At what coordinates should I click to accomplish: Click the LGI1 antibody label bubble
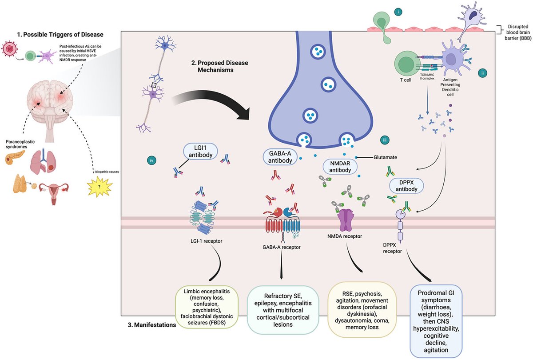(x=200, y=151)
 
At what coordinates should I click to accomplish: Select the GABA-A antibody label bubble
(x=280, y=157)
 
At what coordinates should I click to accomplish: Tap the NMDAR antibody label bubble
(x=340, y=167)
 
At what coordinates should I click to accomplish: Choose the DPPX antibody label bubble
(x=406, y=185)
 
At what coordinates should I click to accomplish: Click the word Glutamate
(x=385, y=157)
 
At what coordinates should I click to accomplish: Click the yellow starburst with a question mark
(x=99, y=187)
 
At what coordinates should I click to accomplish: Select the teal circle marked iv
(x=151, y=161)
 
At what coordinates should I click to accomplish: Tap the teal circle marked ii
(x=482, y=73)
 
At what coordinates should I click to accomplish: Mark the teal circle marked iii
(x=385, y=140)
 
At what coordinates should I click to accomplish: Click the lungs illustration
(x=44, y=162)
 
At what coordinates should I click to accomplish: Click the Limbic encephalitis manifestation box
(x=207, y=307)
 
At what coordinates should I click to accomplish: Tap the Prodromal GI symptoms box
(x=436, y=321)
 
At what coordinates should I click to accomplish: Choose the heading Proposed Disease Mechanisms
(x=219, y=66)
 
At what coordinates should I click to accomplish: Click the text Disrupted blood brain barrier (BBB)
(x=518, y=32)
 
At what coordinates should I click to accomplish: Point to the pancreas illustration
(x=14, y=157)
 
